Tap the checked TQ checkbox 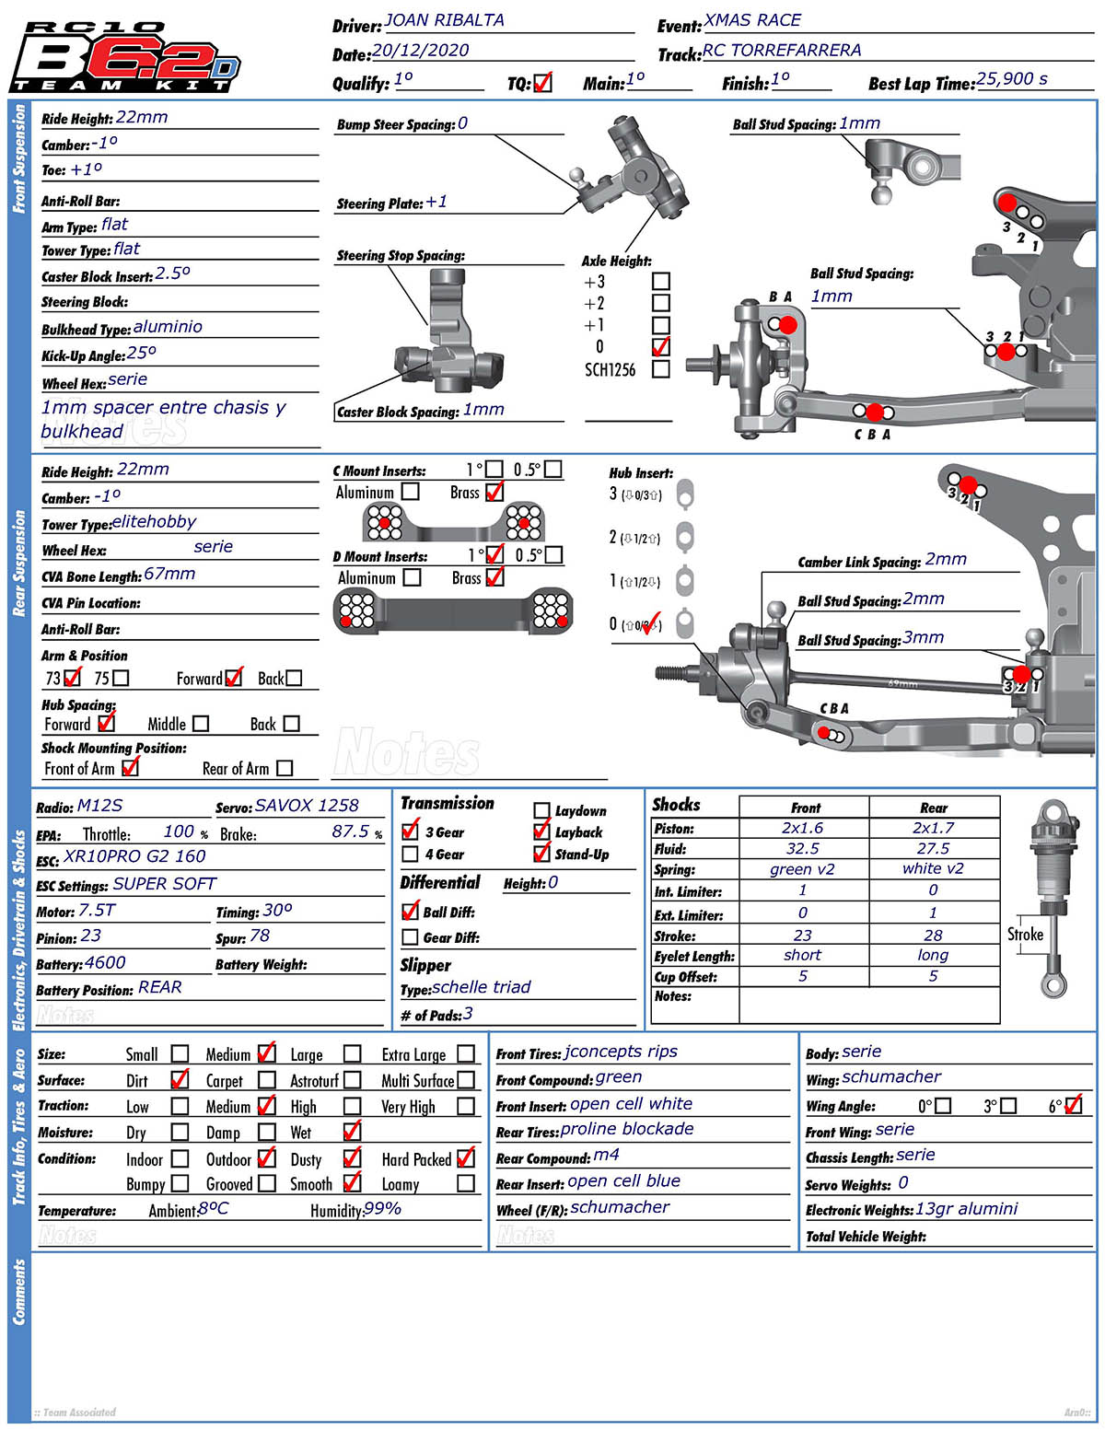click(x=542, y=83)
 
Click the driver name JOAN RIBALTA click(x=444, y=20)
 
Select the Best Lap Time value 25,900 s click(x=1011, y=79)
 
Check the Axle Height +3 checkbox click(x=660, y=281)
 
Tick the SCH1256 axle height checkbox click(x=660, y=369)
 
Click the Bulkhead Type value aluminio click(x=168, y=327)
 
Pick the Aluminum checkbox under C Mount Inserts click(x=411, y=492)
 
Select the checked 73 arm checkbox click(x=73, y=678)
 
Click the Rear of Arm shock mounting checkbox click(x=285, y=767)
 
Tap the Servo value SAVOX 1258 click(x=307, y=806)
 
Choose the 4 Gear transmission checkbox click(x=411, y=854)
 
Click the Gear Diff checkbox click(x=411, y=936)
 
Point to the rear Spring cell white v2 click(x=933, y=868)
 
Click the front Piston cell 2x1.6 click(x=803, y=828)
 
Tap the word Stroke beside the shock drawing click(x=1025, y=934)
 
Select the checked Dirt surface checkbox click(x=180, y=1079)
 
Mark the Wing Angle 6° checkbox click(x=1073, y=1105)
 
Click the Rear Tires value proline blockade click(x=627, y=1129)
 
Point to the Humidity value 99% click(x=382, y=1208)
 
